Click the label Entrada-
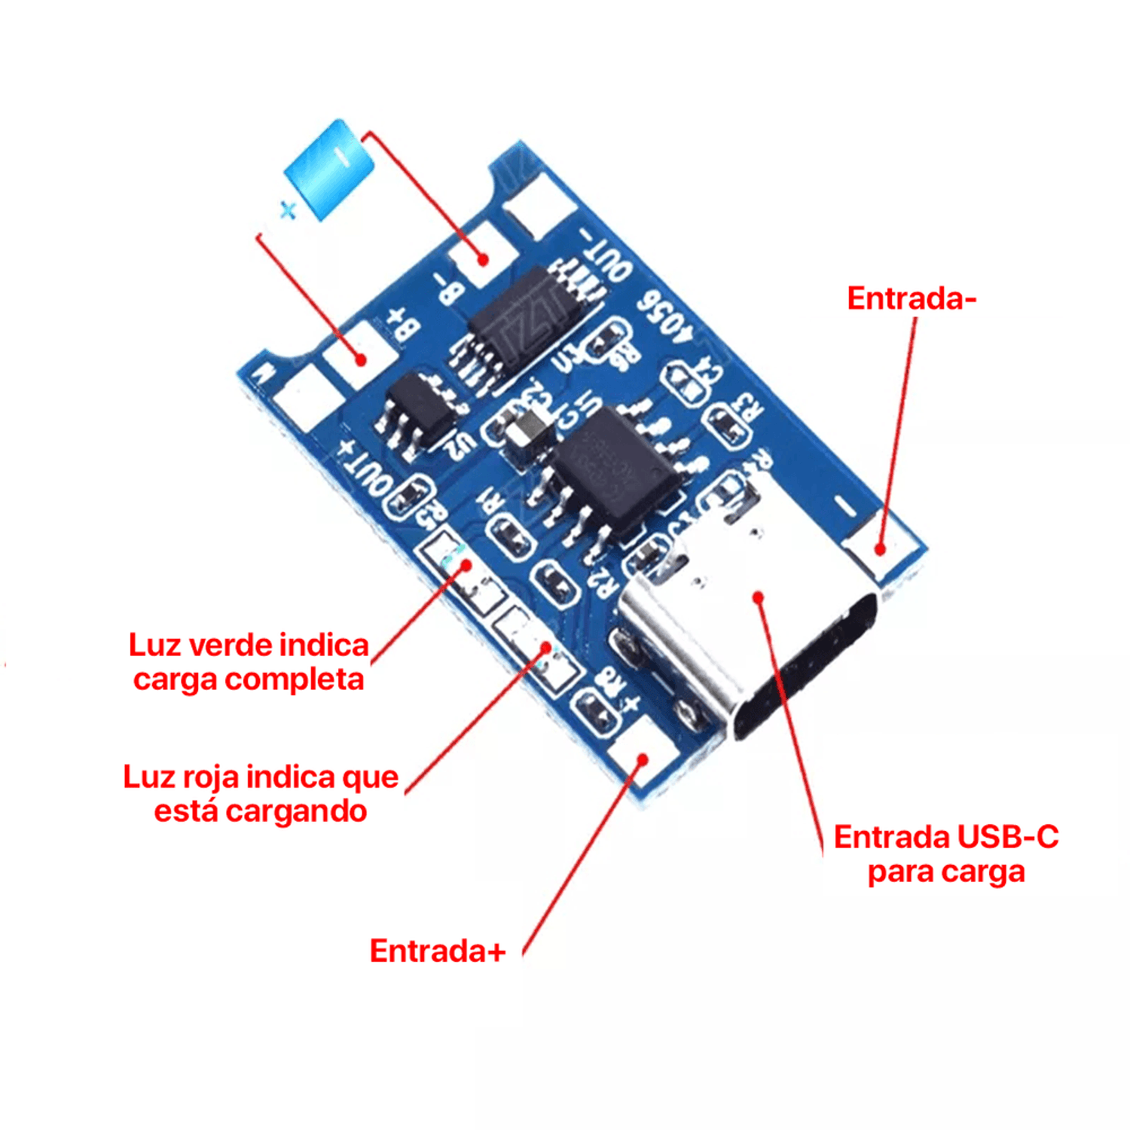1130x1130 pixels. pos(911,298)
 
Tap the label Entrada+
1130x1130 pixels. pos(437,951)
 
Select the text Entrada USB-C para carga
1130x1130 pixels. pos(945,854)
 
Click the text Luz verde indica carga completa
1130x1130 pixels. pos(249,662)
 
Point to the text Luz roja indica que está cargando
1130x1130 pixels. pos(261,794)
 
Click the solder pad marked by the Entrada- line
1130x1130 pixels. pos(880,548)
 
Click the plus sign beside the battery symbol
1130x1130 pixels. pos(287,210)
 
